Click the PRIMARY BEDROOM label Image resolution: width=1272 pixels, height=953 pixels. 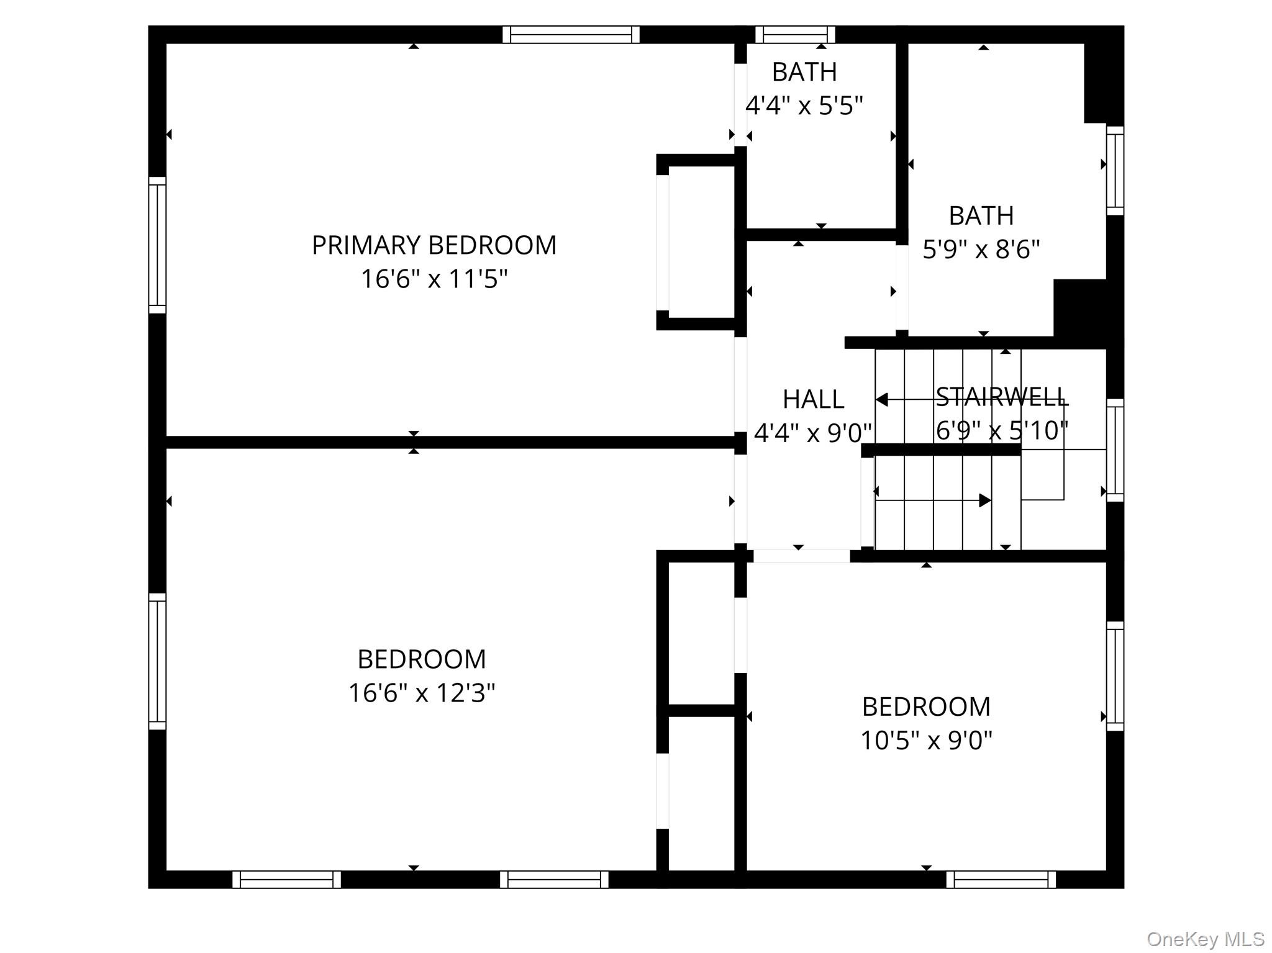coord(434,245)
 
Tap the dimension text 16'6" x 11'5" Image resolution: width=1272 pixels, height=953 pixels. coord(434,279)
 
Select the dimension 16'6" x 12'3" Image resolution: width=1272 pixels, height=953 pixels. coord(421,693)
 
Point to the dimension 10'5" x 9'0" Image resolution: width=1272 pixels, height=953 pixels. coord(925,740)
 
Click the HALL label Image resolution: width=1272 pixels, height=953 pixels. coord(813,399)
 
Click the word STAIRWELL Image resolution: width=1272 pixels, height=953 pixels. coord(1001,397)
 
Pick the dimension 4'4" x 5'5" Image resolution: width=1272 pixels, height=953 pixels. coord(804,106)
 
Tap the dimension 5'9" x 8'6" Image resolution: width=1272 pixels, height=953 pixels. coord(981,250)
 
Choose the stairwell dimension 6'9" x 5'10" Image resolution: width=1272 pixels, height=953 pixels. coord(1001,430)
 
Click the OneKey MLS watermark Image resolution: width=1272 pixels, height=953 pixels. coord(1205,939)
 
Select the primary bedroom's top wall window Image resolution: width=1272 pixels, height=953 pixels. coord(571,34)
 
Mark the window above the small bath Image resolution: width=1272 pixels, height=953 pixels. coord(794,34)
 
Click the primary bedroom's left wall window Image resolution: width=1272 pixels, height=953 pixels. coord(157,245)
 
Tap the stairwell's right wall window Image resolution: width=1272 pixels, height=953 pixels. coord(1115,450)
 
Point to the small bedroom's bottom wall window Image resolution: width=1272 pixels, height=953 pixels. coord(1001,879)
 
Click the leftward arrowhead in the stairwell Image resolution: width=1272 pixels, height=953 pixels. coord(881,400)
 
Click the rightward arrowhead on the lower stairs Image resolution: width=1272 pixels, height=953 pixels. coord(984,500)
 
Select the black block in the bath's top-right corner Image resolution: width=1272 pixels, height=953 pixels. coord(1103,82)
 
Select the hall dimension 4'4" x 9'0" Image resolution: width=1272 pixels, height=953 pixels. coord(813,433)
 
